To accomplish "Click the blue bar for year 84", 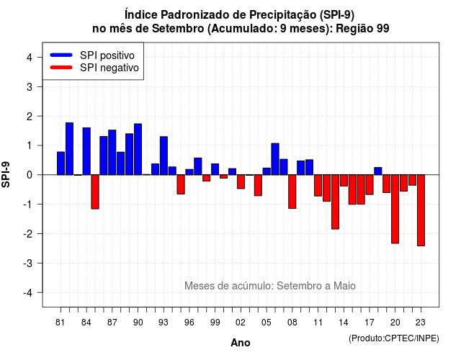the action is tap(86, 151).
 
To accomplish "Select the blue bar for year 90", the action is tap(138, 149).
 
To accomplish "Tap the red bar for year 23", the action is tap(421, 210).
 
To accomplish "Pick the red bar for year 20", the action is tap(395, 209).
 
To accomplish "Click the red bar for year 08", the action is tap(292, 192).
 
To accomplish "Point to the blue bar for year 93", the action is tap(164, 156).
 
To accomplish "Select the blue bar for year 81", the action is tap(61, 163).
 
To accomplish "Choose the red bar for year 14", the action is tap(344, 181).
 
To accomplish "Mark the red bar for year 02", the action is tap(241, 181).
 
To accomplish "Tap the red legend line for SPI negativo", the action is tap(61, 68).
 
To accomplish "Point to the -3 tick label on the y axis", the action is tap(29, 263).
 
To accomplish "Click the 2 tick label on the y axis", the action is tap(30, 117).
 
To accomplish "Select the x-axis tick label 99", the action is tap(215, 323).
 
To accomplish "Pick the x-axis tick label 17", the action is tap(370, 323).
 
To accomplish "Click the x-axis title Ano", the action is tap(240, 343).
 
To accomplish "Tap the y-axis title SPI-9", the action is tap(6, 174).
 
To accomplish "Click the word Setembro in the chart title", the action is tap(178, 29).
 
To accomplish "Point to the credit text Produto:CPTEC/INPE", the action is tap(394, 338).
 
